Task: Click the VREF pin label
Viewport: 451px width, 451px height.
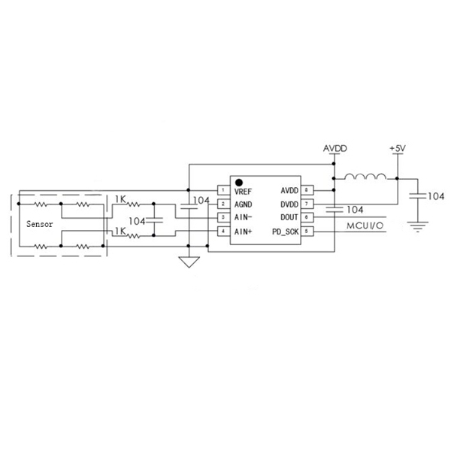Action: click(x=243, y=190)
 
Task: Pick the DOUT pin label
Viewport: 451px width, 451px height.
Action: click(x=289, y=217)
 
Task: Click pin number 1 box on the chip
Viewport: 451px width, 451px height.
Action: click(x=222, y=190)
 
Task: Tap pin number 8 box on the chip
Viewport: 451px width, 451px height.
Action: click(x=307, y=190)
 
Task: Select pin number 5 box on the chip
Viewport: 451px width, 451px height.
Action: click(x=307, y=232)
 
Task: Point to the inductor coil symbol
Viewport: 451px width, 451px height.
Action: click(x=366, y=177)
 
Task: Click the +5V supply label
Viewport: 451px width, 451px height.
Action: click(x=397, y=149)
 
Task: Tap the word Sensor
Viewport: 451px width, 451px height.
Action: click(x=40, y=224)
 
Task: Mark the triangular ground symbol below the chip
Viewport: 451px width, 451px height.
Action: click(x=189, y=262)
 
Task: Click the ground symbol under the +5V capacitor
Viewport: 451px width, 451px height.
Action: click(x=416, y=224)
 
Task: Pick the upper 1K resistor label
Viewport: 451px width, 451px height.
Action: click(x=120, y=199)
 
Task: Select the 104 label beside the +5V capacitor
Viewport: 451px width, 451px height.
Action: click(x=436, y=196)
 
